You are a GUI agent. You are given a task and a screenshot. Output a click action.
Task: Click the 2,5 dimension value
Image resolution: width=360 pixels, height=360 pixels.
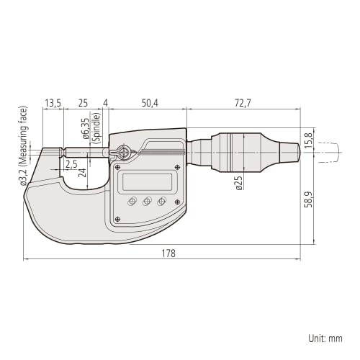[x=71, y=165]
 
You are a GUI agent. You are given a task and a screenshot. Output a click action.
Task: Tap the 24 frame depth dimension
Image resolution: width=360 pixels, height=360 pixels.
[x=82, y=173]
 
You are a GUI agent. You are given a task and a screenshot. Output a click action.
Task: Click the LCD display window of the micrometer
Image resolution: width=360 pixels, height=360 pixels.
[x=147, y=183]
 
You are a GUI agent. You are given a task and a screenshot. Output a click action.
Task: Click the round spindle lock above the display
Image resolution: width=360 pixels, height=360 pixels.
[x=123, y=152]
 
